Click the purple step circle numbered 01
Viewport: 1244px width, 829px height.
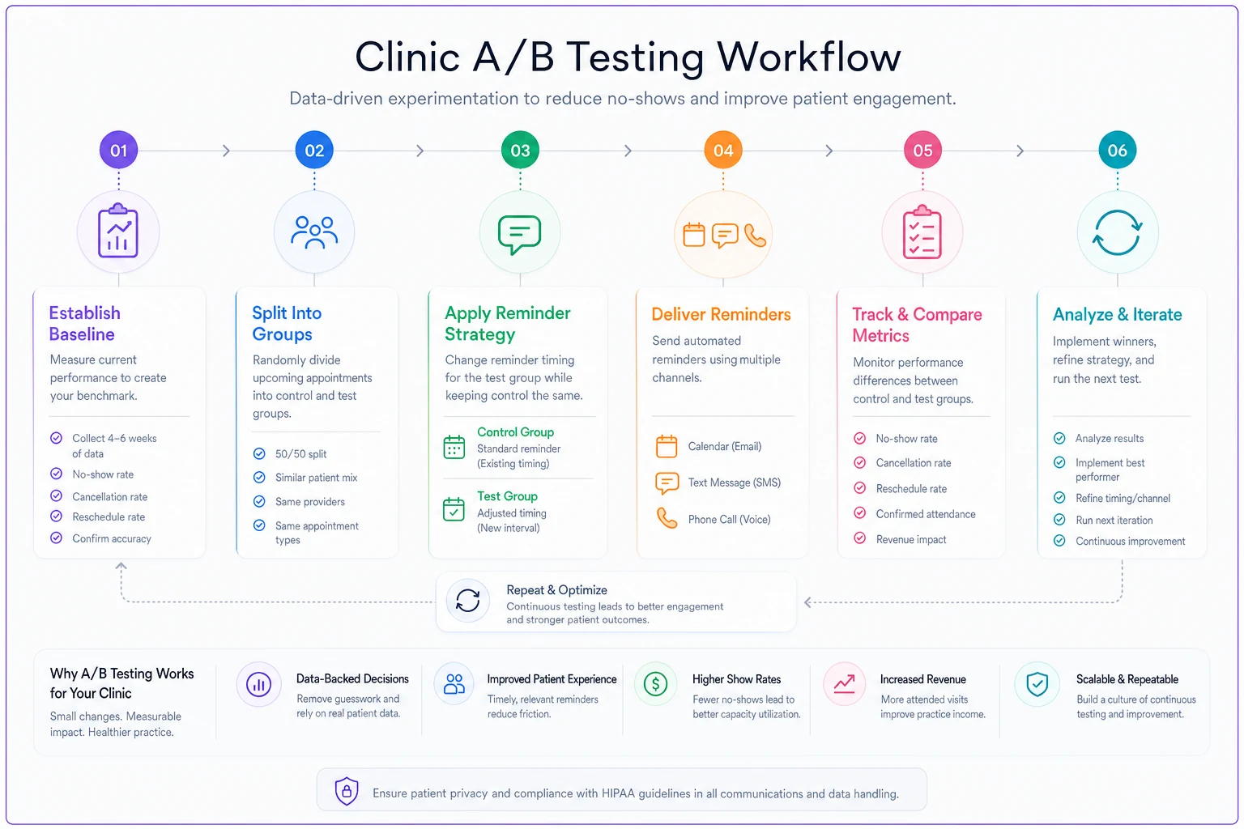pos(118,150)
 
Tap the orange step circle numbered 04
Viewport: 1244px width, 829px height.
pos(723,150)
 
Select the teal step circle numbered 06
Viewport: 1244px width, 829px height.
pos(1118,150)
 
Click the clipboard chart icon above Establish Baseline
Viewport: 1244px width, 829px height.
pos(117,231)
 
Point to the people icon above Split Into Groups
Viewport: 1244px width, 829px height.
pos(314,232)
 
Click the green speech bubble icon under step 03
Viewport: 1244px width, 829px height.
pos(520,234)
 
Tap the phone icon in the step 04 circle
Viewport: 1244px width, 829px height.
pos(756,236)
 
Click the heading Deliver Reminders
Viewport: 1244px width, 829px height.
pos(721,314)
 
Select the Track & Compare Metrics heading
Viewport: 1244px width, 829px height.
pos(917,325)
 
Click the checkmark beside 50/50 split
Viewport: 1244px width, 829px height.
pos(259,453)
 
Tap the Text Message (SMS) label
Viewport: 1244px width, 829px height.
pos(735,483)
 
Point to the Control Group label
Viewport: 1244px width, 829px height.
pos(515,432)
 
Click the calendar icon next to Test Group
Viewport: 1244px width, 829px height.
pos(454,509)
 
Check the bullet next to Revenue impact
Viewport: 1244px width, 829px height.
pos(859,538)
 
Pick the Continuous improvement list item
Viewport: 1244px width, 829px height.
pos(1130,541)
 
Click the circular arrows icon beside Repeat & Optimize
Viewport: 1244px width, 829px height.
pos(467,600)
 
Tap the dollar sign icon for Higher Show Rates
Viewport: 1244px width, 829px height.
pos(655,683)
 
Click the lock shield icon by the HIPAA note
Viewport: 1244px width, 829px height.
pos(347,791)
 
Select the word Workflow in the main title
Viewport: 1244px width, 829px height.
pos(808,57)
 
